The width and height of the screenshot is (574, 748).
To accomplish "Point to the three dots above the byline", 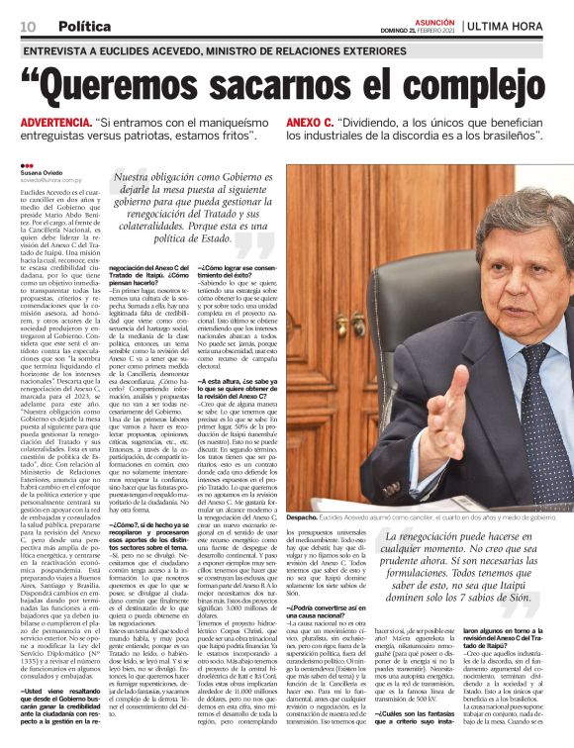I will (26, 165).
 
